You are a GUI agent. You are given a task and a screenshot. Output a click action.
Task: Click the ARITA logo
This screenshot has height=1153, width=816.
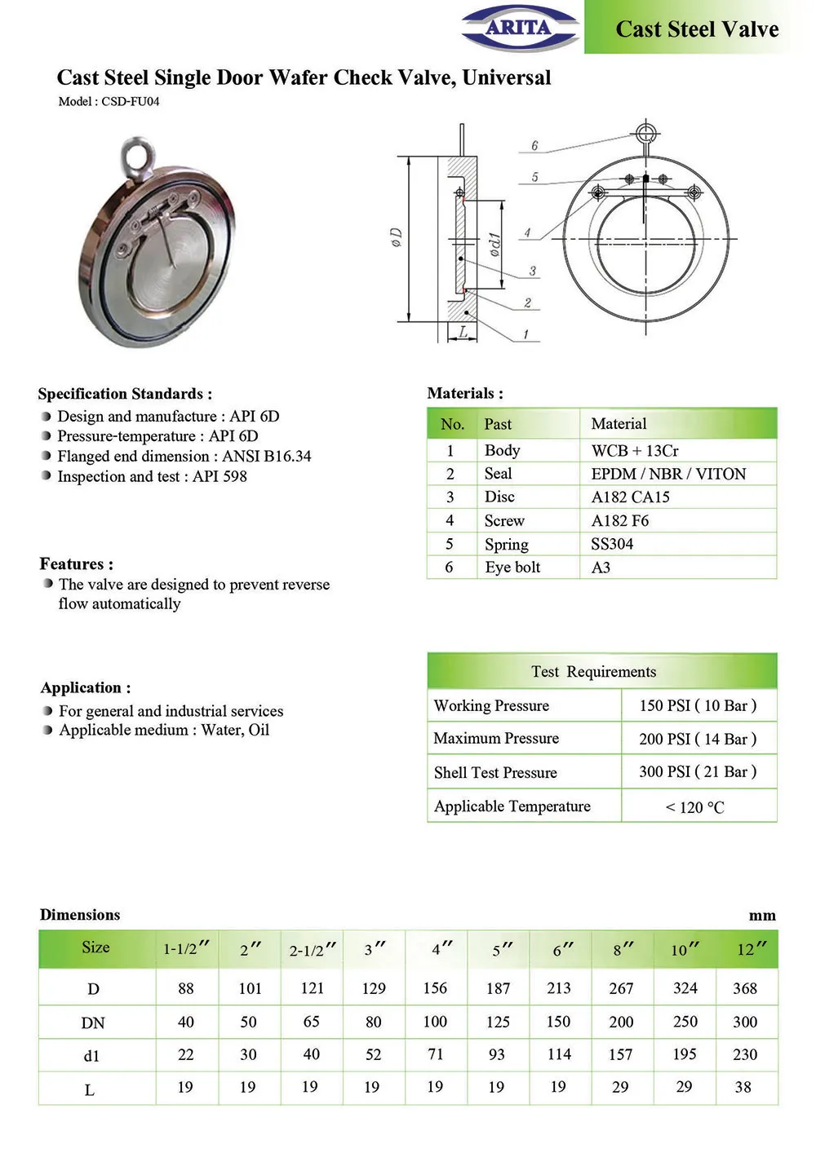coord(519,28)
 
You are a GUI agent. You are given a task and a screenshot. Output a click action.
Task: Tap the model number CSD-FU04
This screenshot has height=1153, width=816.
coord(131,101)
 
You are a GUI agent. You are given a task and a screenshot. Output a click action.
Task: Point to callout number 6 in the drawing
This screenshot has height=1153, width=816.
coord(534,146)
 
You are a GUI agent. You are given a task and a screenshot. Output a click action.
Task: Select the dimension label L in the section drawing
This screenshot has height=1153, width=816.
coord(463,332)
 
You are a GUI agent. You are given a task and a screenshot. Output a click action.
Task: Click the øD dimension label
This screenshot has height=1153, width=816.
coord(396,237)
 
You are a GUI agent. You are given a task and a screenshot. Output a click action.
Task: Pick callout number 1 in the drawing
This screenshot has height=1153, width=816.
coord(526,334)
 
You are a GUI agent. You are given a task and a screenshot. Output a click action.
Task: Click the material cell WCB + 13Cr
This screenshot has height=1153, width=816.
coord(635,451)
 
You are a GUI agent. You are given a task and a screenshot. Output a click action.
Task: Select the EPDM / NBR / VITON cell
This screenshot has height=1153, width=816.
coord(668,474)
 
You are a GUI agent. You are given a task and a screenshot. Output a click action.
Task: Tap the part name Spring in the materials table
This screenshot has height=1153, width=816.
coord(507,545)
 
